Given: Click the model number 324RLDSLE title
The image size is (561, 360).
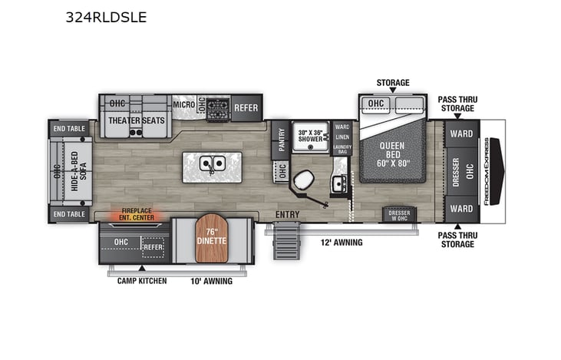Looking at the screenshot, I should pos(106,17).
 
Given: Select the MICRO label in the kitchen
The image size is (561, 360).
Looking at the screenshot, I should pos(183,104).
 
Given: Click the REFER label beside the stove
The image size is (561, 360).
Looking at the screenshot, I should pos(246,107).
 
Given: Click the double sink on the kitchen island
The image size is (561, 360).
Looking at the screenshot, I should pos(212,163).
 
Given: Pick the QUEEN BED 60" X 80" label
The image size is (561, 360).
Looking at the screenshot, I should pos(391,152).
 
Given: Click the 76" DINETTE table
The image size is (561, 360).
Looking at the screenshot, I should pos(212,239).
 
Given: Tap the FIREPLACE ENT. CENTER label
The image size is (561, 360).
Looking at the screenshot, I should pos(134,214).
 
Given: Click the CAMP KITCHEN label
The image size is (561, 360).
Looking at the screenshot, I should pos(142,281).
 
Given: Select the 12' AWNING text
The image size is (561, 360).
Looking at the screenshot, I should pos(342,243).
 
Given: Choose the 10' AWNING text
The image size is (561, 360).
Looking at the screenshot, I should pos(211,281).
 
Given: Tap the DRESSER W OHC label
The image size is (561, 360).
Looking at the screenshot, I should pos(399,214).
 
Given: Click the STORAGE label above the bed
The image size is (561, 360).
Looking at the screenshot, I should pos(392,83).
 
